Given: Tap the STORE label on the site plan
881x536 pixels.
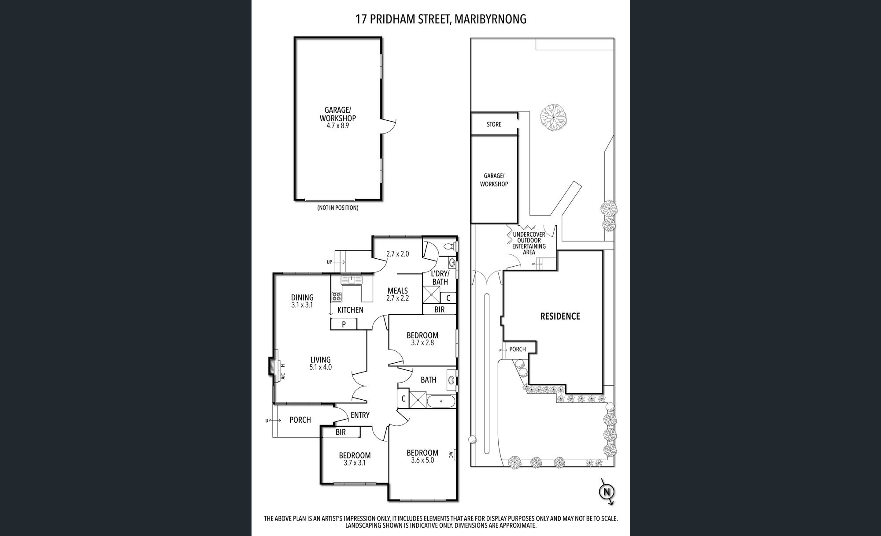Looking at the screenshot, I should [x=494, y=124].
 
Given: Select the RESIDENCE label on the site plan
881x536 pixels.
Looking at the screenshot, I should [x=560, y=316].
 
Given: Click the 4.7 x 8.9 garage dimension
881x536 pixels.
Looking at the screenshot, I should [x=337, y=126].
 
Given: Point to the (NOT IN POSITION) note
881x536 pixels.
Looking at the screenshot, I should [x=337, y=208].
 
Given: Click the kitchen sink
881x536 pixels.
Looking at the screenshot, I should [x=352, y=280].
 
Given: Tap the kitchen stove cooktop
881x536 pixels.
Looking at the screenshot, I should [x=337, y=296].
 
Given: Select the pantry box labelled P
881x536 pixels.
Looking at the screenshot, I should [x=344, y=324].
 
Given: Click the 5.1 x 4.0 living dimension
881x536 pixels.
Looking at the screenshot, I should [x=321, y=367].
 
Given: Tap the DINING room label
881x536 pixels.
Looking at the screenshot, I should [x=302, y=298].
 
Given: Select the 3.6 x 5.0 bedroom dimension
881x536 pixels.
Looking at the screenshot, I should [x=422, y=460].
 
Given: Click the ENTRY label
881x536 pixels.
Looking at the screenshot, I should [x=360, y=415].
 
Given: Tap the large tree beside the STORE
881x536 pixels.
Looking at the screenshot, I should [x=553, y=117].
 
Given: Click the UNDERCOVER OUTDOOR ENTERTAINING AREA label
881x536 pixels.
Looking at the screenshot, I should [x=529, y=243].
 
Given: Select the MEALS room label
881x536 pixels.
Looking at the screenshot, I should [x=397, y=290].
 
